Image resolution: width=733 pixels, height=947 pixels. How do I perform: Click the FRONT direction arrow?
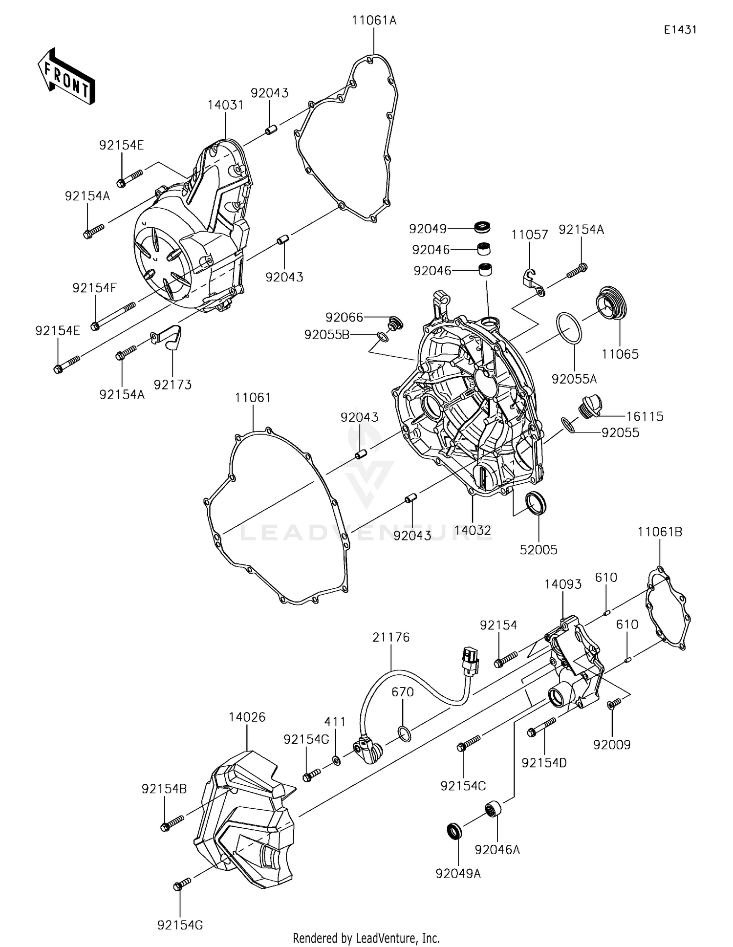pyautogui.click(x=66, y=77)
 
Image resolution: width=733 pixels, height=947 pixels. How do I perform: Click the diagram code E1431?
pyautogui.click(x=680, y=30)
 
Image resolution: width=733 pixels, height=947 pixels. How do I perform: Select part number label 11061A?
pyautogui.click(x=374, y=21)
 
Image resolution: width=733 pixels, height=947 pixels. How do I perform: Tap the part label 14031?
pyautogui.click(x=225, y=105)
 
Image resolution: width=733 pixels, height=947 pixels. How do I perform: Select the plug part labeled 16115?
pyautogui.click(x=590, y=406)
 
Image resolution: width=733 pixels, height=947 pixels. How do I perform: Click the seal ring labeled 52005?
pyautogui.click(x=536, y=504)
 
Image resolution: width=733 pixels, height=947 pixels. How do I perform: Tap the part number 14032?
pyautogui.click(x=473, y=531)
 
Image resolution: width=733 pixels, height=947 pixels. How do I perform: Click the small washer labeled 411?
pyautogui.click(x=336, y=760)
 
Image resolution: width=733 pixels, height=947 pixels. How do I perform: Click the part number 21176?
pyautogui.click(x=391, y=637)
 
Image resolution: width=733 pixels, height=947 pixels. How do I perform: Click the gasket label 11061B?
pyautogui.click(x=660, y=532)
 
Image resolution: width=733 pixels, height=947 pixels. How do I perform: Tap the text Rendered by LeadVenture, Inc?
pyautogui.click(x=366, y=938)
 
